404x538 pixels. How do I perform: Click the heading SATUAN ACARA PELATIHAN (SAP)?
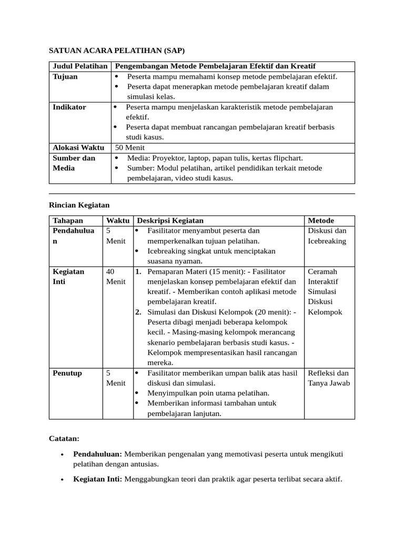pos(117,50)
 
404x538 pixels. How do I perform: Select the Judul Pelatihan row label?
pos(80,66)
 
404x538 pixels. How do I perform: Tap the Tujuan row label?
pos(65,77)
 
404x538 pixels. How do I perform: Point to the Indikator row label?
pos(69,107)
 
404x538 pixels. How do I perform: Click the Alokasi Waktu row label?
pos(78,148)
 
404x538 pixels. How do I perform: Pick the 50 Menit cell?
pos(130,148)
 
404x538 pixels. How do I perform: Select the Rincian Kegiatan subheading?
pos(79,205)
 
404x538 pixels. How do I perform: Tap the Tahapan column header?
pos(68,221)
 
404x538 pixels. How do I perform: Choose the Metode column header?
pos(321,221)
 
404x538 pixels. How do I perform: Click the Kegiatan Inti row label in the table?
pos(69,276)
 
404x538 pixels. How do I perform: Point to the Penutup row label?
pos(67,373)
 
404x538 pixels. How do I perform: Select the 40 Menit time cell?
pos(116,276)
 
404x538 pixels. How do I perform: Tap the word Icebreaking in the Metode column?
pos(327,241)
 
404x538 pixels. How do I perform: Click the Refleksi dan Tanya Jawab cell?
pos(328,378)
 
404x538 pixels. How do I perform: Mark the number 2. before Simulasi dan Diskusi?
pos(138,312)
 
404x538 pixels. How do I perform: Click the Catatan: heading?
pos(64,438)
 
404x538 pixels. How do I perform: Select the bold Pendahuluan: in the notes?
pos(98,454)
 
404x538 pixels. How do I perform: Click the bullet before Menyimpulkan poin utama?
pos(137,394)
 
